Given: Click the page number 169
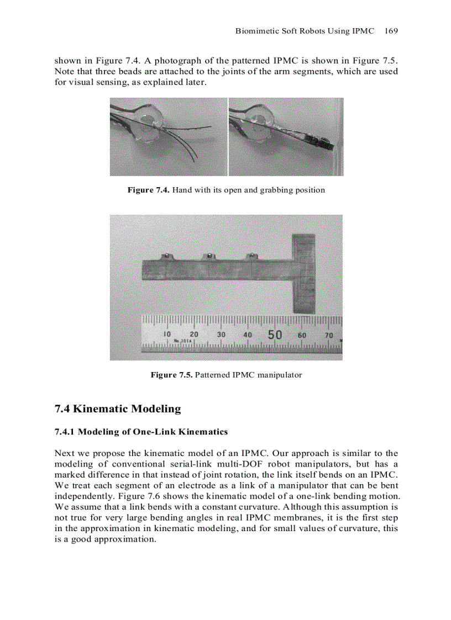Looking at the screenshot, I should tap(391, 31).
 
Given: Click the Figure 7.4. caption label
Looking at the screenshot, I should tap(149, 190).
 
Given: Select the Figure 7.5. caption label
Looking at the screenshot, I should tap(172, 375).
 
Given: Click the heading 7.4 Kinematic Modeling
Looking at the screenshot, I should tap(118, 409).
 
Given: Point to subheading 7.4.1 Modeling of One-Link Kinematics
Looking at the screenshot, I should tap(141, 431).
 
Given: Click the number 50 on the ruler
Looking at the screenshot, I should tap(275, 335).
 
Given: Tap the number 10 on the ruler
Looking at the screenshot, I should tap(167, 335).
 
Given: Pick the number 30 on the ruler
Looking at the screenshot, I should tap(221, 335).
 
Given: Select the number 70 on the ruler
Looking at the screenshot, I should tap(329, 335).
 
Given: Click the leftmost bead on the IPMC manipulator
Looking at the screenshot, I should tap(165, 256).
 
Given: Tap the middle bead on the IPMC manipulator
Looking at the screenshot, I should tap(208, 256).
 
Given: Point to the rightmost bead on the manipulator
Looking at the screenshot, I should tap(251, 256).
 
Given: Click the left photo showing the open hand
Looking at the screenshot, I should tap(168, 137).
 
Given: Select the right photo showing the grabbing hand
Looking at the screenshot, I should tap(286, 137).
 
